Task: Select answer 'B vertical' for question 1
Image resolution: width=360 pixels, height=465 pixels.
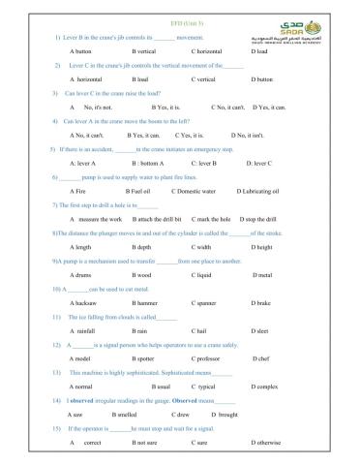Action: pos(147,48)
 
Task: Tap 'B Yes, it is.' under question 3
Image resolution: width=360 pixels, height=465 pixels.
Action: pos(166,106)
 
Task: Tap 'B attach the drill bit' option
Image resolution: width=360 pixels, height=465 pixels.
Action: pos(155,221)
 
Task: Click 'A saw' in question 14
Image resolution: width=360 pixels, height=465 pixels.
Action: pos(76,415)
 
